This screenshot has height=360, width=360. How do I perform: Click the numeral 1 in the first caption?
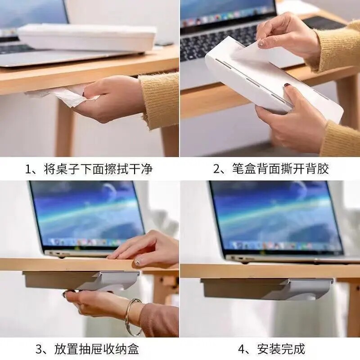pos(28,169)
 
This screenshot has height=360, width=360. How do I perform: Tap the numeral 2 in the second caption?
pos(217,169)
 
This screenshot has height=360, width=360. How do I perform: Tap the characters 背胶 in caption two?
pos(318,169)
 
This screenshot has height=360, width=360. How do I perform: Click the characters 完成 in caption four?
pos(293,349)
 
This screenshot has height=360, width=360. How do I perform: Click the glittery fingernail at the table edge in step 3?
pos(138,262)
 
